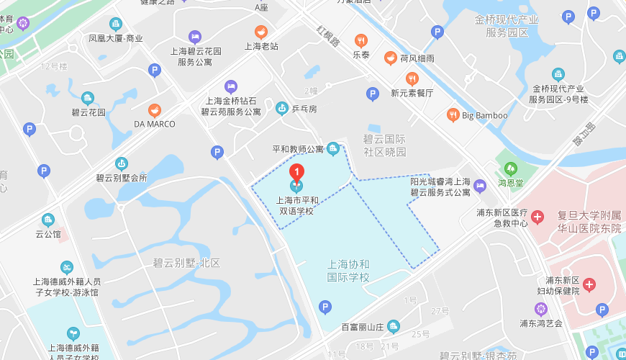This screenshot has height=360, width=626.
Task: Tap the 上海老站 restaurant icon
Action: click(261, 32)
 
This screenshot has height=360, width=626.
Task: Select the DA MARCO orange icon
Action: click(155, 110)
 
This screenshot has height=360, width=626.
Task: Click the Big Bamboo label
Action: click(484, 115)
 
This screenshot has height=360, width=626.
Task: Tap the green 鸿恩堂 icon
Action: click(511, 169)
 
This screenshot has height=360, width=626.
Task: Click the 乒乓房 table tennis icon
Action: click(282, 109)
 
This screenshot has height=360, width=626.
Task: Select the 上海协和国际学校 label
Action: click(348, 270)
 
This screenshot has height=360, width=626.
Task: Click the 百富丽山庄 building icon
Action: click(393, 327)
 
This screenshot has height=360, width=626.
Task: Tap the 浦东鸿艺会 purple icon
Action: click(542, 309)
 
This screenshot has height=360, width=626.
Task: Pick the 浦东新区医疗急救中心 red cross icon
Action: click(537, 216)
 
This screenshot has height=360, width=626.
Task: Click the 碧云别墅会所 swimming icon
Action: click(122, 163)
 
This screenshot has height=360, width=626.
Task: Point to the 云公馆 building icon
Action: click(48, 220)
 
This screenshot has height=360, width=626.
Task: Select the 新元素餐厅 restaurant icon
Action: click(412, 78)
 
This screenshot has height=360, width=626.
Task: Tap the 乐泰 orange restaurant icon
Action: click(361, 40)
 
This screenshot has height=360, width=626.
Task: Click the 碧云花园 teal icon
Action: click(88, 98)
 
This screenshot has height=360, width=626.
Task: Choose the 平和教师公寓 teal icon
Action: click(332, 149)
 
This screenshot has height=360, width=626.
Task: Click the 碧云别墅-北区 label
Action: click(186, 262)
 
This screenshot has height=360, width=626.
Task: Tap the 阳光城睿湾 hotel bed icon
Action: click(480, 186)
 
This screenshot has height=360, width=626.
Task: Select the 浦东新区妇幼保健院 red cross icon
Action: click(590, 285)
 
